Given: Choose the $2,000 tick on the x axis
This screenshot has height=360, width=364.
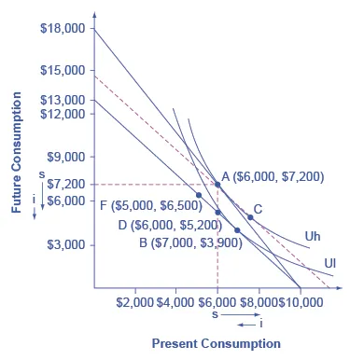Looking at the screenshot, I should point(135,302).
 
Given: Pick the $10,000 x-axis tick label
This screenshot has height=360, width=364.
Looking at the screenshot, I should point(301,302).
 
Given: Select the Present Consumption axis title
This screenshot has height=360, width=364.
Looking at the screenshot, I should point(216,343).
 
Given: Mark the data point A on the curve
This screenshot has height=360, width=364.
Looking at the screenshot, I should point(217,185).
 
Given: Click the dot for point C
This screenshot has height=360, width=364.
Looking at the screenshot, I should point(250,217).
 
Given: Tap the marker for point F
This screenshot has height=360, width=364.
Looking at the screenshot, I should point(198,195).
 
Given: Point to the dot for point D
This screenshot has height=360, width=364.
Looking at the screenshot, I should point(217,213).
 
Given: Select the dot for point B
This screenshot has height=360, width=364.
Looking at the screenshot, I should point(237,229).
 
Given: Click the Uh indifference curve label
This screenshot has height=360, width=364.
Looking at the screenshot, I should point(313,237).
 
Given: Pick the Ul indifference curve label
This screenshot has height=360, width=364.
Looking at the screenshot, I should point(329,263).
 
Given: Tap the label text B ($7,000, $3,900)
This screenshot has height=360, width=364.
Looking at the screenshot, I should point(190,242).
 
